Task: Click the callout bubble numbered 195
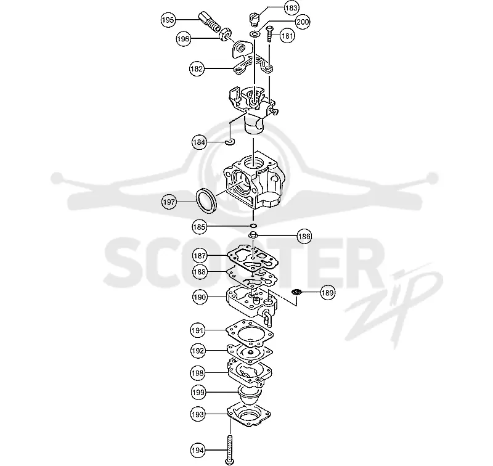pos(168,20)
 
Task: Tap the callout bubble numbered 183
pos(291,7)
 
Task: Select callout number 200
pos(303,22)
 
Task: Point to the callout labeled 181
pos(287,36)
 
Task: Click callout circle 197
pos(169,202)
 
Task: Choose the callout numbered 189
pos(327,293)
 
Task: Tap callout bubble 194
pos(197,450)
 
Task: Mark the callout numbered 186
pos(304,236)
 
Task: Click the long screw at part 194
pos(230,449)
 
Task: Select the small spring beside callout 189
pos(296,292)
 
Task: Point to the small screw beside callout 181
pos(270,34)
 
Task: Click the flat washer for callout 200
pos(255,33)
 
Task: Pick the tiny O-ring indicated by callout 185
pos(253,226)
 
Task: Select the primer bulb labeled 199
pos(250,398)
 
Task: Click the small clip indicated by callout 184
pos(230,142)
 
